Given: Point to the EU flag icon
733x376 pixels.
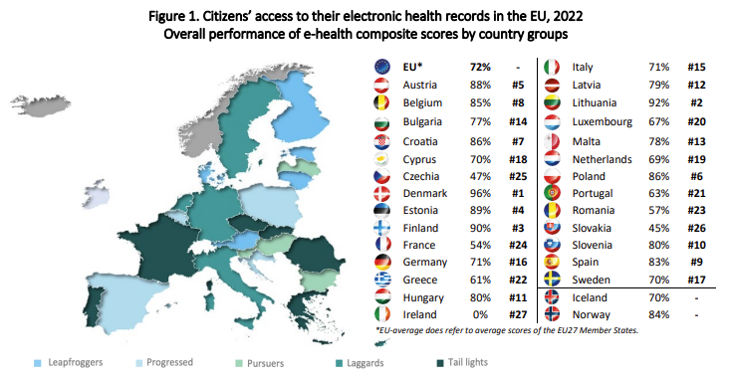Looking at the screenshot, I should tap(381, 66).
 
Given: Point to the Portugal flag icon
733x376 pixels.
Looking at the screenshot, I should tap(554, 192).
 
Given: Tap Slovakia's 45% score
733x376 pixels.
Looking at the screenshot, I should tap(658, 228).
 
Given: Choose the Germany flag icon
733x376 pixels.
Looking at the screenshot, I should tap(381, 262).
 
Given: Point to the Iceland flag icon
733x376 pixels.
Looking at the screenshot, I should tap(554, 297).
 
